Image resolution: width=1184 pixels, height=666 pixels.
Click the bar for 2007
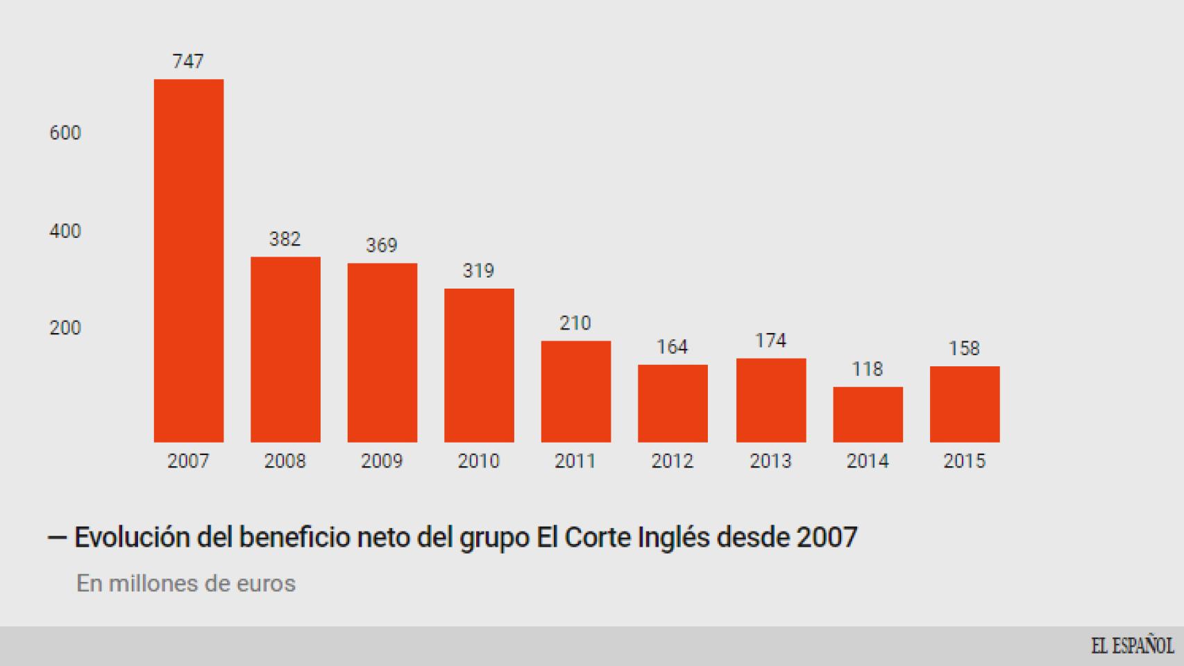[x=188, y=260]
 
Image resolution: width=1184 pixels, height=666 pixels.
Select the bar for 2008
[x=285, y=349]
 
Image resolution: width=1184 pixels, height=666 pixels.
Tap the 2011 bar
[x=576, y=391]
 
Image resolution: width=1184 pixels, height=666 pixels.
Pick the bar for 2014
[x=868, y=414]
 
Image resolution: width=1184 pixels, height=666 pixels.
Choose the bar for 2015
[x=965, y=404]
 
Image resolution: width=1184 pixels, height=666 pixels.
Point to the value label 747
[x=188, y=62]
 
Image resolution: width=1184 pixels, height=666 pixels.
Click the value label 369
[x=382, y=246]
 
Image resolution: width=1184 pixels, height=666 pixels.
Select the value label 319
[x=479, y=271]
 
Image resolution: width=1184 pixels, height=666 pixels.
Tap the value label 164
[x=673, y=347]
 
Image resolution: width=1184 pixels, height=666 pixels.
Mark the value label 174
[x=770, y=341]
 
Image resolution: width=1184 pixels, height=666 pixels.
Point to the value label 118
[x=868, y=369]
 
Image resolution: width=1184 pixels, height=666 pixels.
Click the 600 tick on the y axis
[x=65, y=133]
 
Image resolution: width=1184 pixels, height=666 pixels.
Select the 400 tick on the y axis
[x=65, y=231]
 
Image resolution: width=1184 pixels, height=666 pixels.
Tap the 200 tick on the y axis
[x=65, y=328]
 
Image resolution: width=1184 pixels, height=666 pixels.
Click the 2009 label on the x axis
[x=382, y=461]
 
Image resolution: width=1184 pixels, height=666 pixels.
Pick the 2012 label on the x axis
[x=673, y=461]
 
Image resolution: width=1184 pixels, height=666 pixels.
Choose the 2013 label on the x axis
[x=770, y=461]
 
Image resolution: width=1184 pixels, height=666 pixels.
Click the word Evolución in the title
[x=132, y=538]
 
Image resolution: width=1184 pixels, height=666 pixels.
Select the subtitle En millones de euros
[x=186, y=583]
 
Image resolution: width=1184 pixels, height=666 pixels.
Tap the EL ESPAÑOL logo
[x=1132, y=646]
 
